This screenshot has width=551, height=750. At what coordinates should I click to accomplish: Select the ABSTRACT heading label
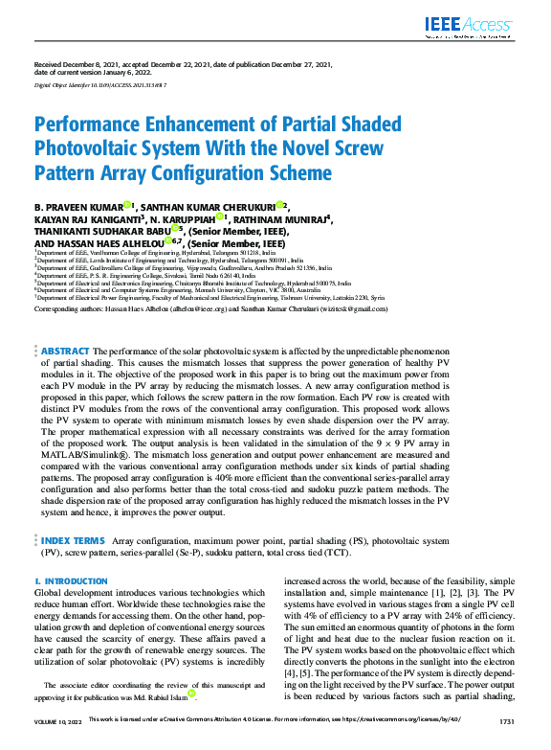tap(66, 352)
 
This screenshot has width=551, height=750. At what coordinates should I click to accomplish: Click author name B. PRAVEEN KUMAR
tap(77, 206)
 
